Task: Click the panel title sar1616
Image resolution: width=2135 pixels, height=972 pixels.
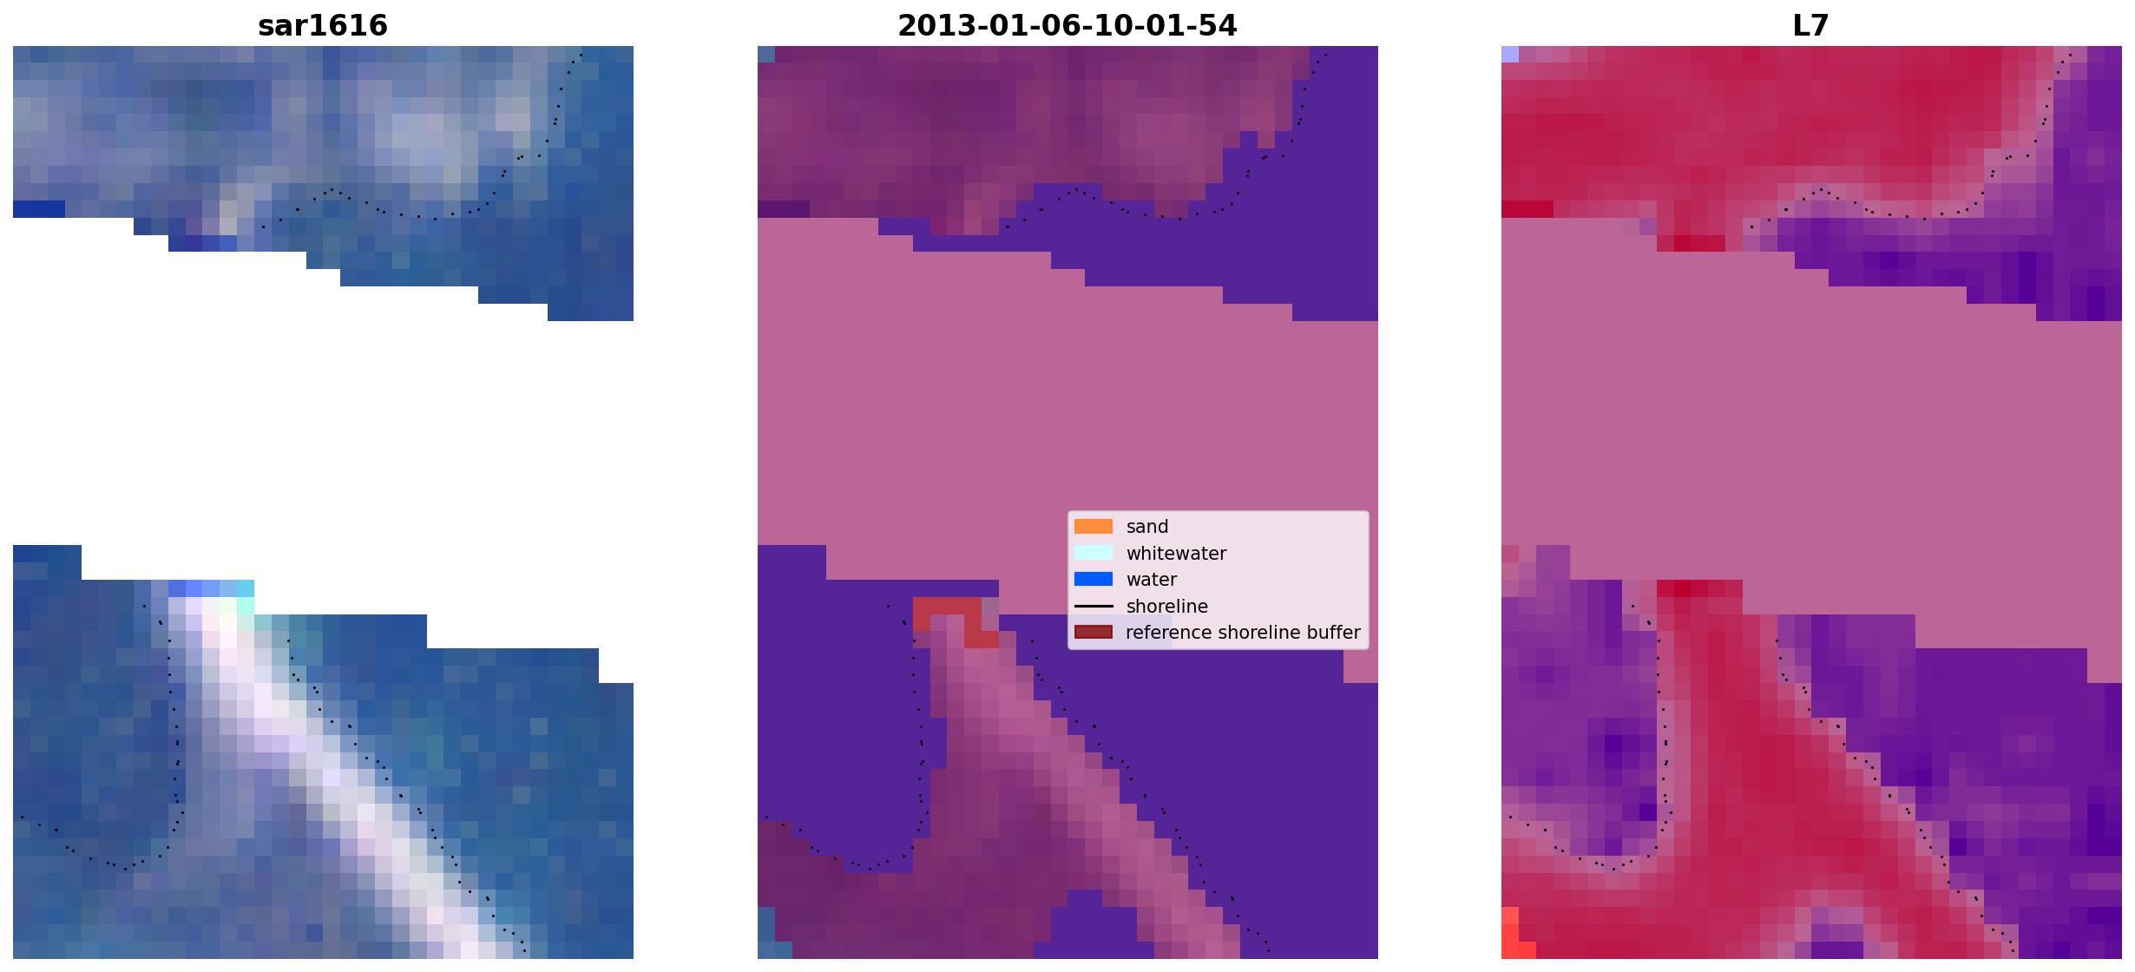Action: pyautogui.click(x=323, y=26)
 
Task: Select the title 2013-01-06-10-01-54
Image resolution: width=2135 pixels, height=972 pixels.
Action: pyautogui.click(x=1067, y=26)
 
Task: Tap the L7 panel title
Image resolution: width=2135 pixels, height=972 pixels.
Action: pyautogui.click(x=1811, y=26)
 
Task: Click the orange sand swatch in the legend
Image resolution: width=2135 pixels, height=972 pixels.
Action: pyautogui.click(x=1094, y=527)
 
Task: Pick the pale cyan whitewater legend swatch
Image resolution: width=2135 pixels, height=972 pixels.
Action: pyautogui.click(x=1094, y=553)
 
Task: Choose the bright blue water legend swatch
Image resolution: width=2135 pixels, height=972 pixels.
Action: pyautogui.click(x=1094, y=580)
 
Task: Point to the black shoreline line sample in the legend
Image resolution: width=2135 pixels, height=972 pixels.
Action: pyautogui.click(x=1094, y=606)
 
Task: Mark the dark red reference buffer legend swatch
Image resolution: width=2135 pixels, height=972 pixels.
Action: pyautogui.click(x=1094, y=633)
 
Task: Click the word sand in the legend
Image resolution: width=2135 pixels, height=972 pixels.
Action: pyautogui.click(x=1147, y=527)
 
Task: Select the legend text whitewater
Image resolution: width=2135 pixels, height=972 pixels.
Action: pyautogui.click(x=1176, y=554)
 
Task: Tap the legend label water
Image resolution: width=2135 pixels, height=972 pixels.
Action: pyautogui.click(x=1152, y=580)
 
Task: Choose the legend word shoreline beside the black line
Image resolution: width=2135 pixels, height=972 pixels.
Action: pyautogui.click(x=1167, y=607)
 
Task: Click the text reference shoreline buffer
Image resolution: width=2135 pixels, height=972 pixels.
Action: pyautogui.click(x=1243, y=633)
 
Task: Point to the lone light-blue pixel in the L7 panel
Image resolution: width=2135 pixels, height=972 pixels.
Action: pyautogui.click(x=1510, y=54)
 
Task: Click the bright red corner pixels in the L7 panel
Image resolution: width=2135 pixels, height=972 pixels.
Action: pyautogui.click(x=1510, y=933)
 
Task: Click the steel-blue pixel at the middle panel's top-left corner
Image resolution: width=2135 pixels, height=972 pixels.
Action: pyautogui.click(x=766, y=54)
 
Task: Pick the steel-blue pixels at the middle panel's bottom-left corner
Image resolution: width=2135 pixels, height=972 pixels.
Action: pyautogui.click(x=766, y=933)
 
